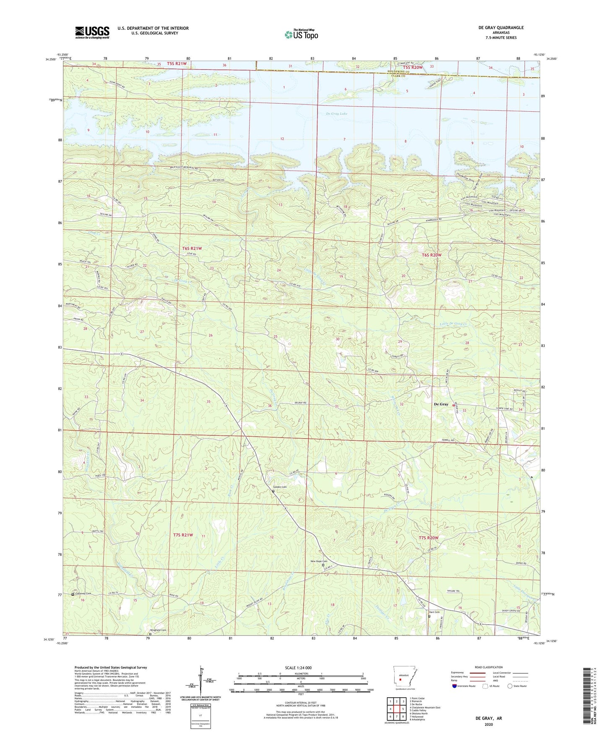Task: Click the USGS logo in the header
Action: click(92, 32)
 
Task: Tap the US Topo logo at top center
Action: click(301, 34)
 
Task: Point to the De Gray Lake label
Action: click(337, 114)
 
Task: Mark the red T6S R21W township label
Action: click(192, 249)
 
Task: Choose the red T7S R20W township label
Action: click(429, 538)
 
